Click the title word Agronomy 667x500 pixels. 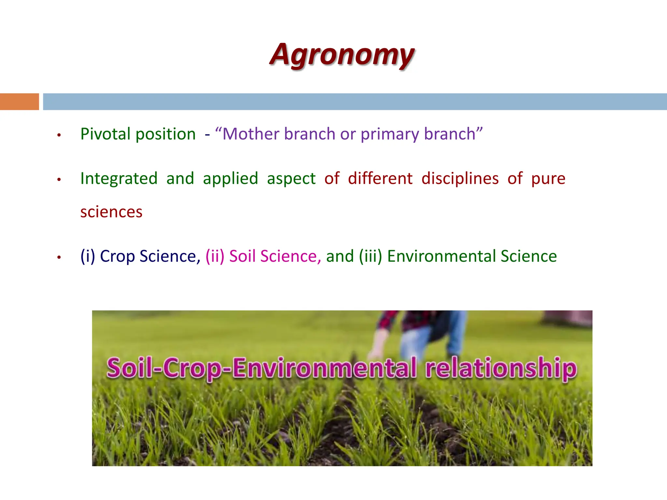pos(342,55)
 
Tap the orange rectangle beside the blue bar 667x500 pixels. pos(19,102)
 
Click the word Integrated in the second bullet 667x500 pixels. pos(119,179)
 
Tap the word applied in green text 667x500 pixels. pos(230,179)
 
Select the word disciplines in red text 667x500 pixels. pos(460,178)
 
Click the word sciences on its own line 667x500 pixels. pos(111,212)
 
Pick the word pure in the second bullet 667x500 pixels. pos(548,179)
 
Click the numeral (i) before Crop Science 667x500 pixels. pos(88,256)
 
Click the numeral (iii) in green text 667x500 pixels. pos(370,256)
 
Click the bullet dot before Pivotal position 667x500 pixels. pos(59,135)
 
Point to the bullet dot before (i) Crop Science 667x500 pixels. pos(59,257)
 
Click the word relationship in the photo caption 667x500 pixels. pos(501,368)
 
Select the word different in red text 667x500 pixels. pos(380,178)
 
